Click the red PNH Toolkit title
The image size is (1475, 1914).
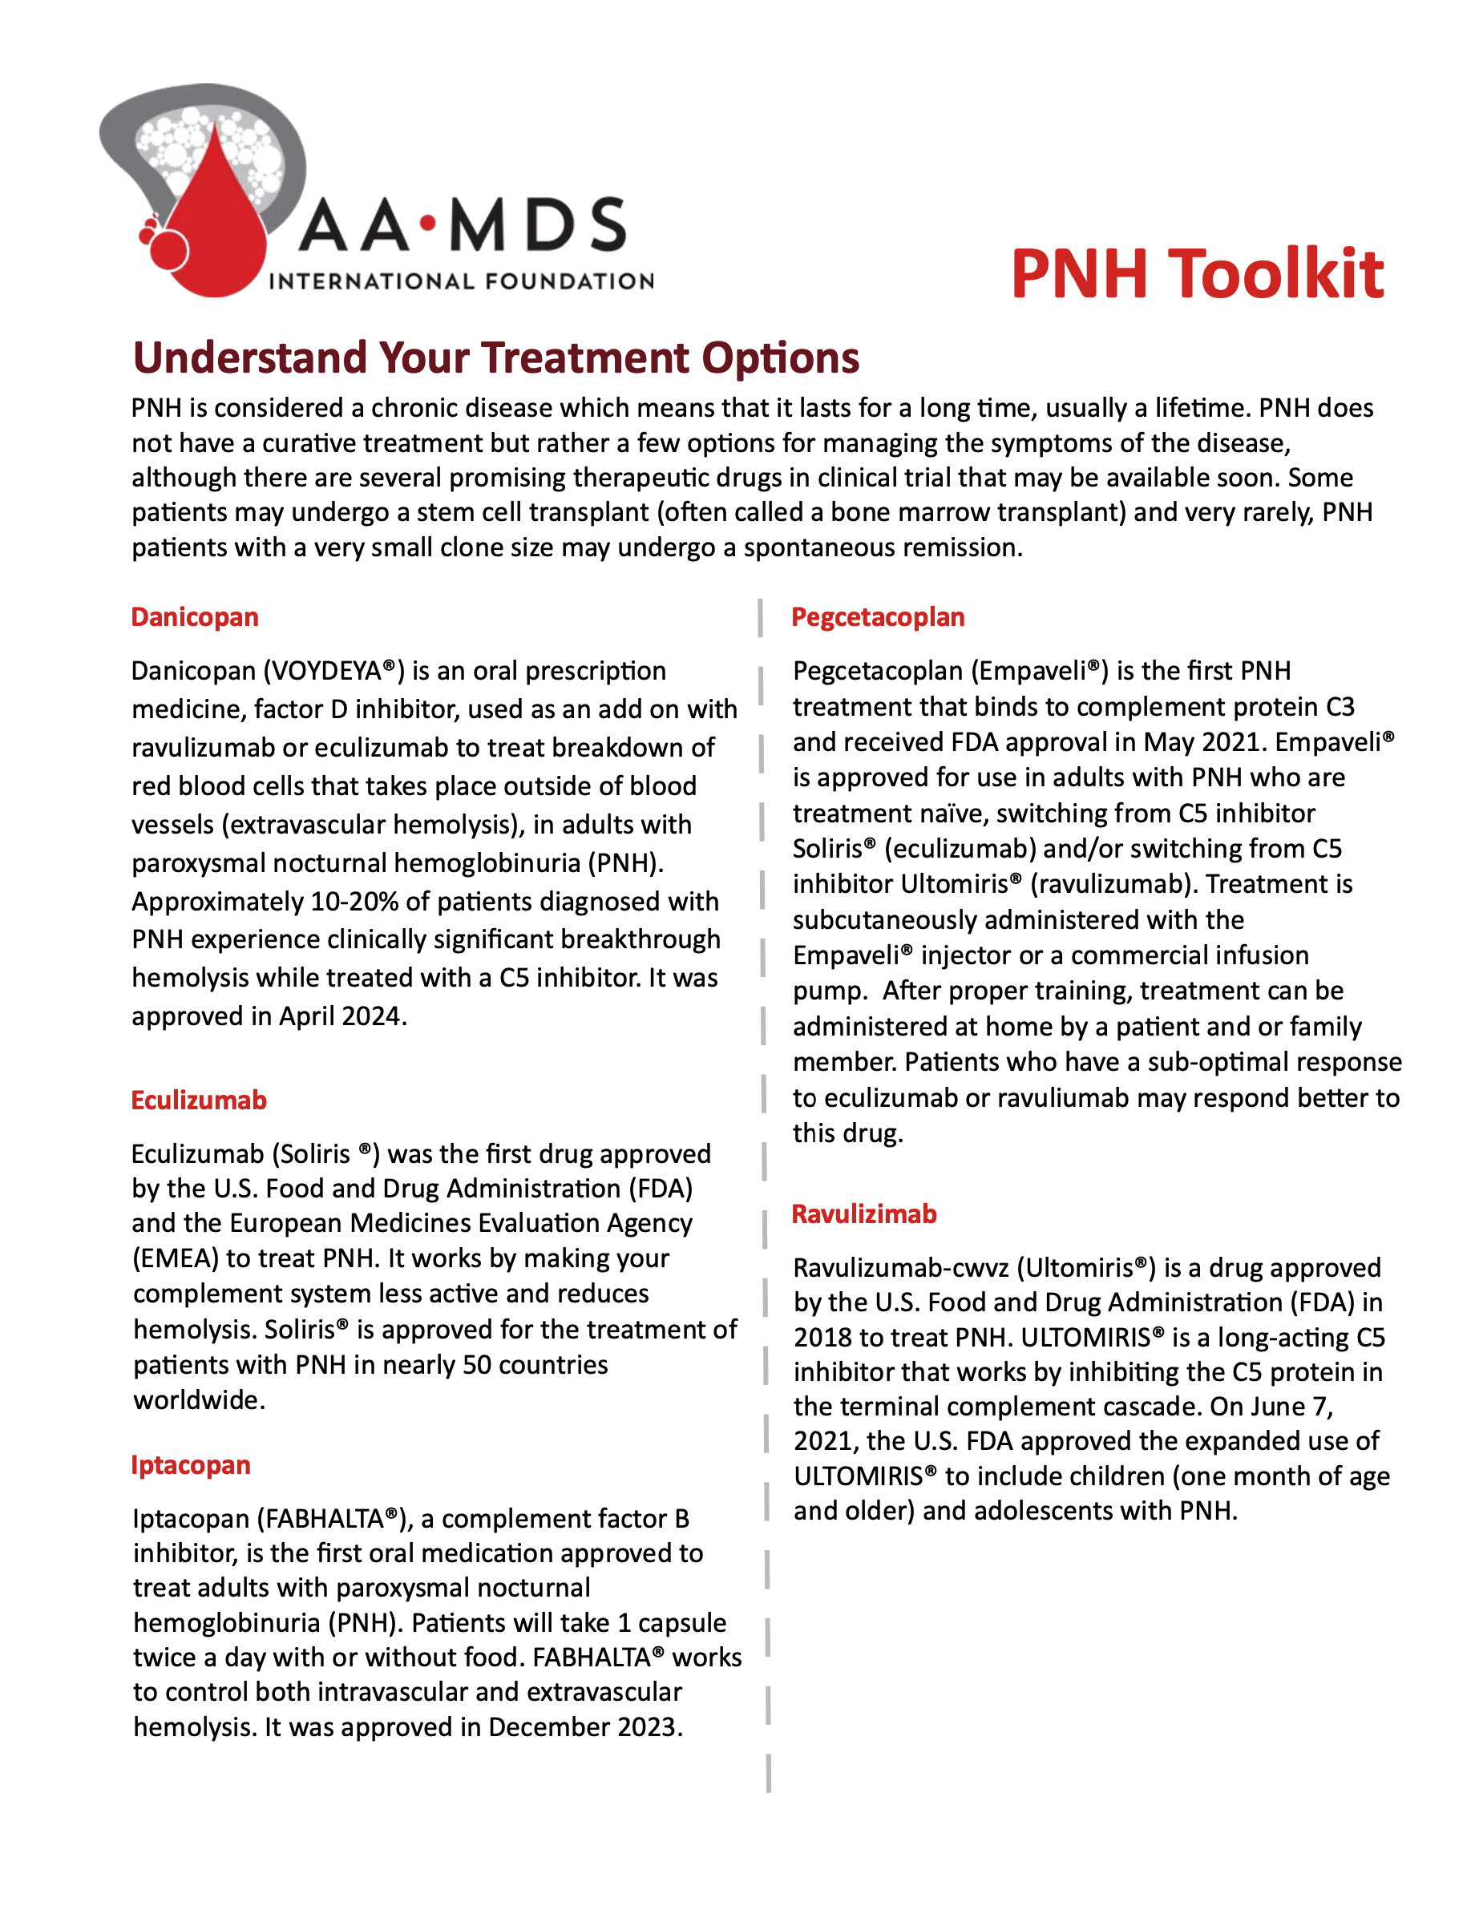tap(1196, 274)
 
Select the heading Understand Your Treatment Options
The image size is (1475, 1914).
tap(495, 357)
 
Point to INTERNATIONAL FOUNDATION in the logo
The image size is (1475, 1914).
tap(461, 281)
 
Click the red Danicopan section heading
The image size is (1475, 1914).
tap(195, 617)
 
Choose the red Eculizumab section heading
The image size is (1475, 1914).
tap(199, 1100)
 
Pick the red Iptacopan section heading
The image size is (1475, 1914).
tap(191, 1464)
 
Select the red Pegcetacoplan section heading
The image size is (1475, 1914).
tap(877, 617)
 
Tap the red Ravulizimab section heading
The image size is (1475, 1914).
tap(864, 1213)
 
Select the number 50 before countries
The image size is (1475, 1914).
tap(477, 1364)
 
